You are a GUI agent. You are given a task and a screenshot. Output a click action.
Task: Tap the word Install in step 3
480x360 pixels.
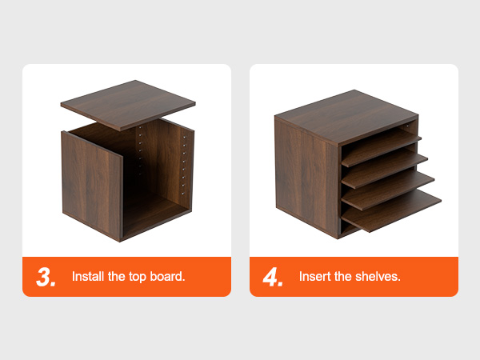[x=88, y=277]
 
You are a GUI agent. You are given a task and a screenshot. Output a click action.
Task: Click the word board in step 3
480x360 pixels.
[x=166, y=277]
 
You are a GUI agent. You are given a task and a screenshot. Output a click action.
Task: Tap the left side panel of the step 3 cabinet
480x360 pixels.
[x=91, y=186]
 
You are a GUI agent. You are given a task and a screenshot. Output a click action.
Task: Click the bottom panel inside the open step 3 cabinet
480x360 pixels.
[x=154, y=212]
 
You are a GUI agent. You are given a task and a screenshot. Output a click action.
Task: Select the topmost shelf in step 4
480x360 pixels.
[x=381, y=147]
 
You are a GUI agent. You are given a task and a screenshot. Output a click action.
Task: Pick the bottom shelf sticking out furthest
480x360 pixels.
[x=391, y=211]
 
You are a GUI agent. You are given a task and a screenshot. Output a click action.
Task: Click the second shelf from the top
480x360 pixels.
[x=385, y=169]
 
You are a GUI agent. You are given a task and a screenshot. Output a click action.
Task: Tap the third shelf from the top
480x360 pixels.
[x=387, y=190]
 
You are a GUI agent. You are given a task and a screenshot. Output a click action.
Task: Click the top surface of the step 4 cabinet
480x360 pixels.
[x=346, y=117]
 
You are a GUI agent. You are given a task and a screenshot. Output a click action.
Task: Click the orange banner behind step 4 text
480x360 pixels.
[x=354, y=277]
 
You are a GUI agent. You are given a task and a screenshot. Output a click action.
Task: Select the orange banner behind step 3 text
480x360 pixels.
[x=126, y=277]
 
